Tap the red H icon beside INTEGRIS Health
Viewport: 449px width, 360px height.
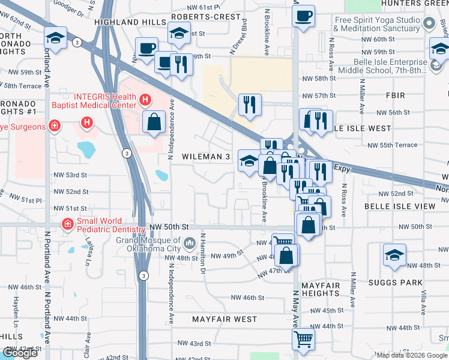[x=144, y=100]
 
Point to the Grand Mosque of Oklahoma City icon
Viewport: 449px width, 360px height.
[x=190, y=243]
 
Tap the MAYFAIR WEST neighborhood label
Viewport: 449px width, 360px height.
[x=224, y=319]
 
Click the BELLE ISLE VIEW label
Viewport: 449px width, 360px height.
[x=399, y=206]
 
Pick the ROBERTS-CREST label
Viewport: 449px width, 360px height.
[x=205, y=17]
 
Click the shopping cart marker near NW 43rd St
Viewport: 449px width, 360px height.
[x=304, y=338]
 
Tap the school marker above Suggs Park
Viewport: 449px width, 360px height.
[x=394, y=256]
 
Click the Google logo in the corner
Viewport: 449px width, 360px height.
[x=20, y=353]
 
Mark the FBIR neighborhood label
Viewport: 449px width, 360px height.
[x=397, y=95]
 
